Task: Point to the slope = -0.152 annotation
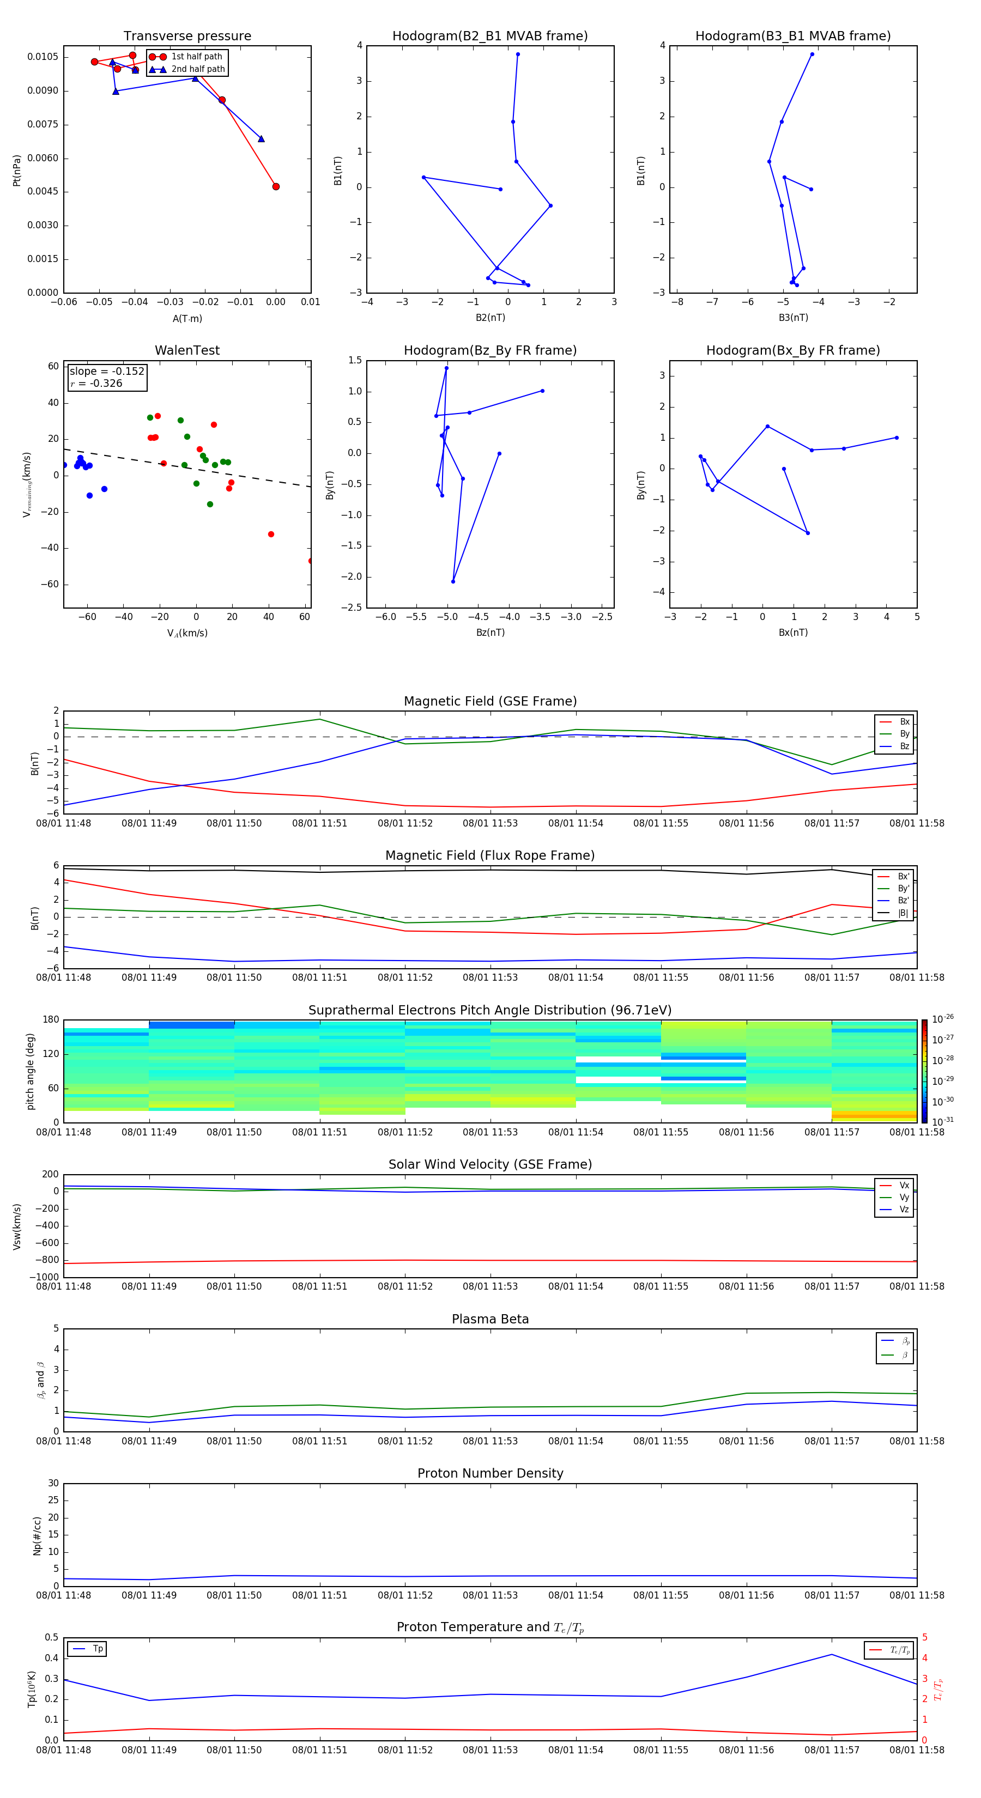tap(107, 372)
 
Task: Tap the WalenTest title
tap(187, 350)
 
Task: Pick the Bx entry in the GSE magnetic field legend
tap(904, 722)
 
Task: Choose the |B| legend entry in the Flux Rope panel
tap(903, 913)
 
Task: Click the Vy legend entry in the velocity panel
tap(904, 1197)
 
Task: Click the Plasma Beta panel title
tap(490, 1319)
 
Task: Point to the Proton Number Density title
tap(490, 1473)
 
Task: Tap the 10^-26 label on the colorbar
tap(943, 1019)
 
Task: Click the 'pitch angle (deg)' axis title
tap(31, 1071)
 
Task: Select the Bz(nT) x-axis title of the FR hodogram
tap(490, 633)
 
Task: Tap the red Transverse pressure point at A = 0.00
tap(276, 186)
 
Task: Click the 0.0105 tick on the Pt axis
tap(43, 57)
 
